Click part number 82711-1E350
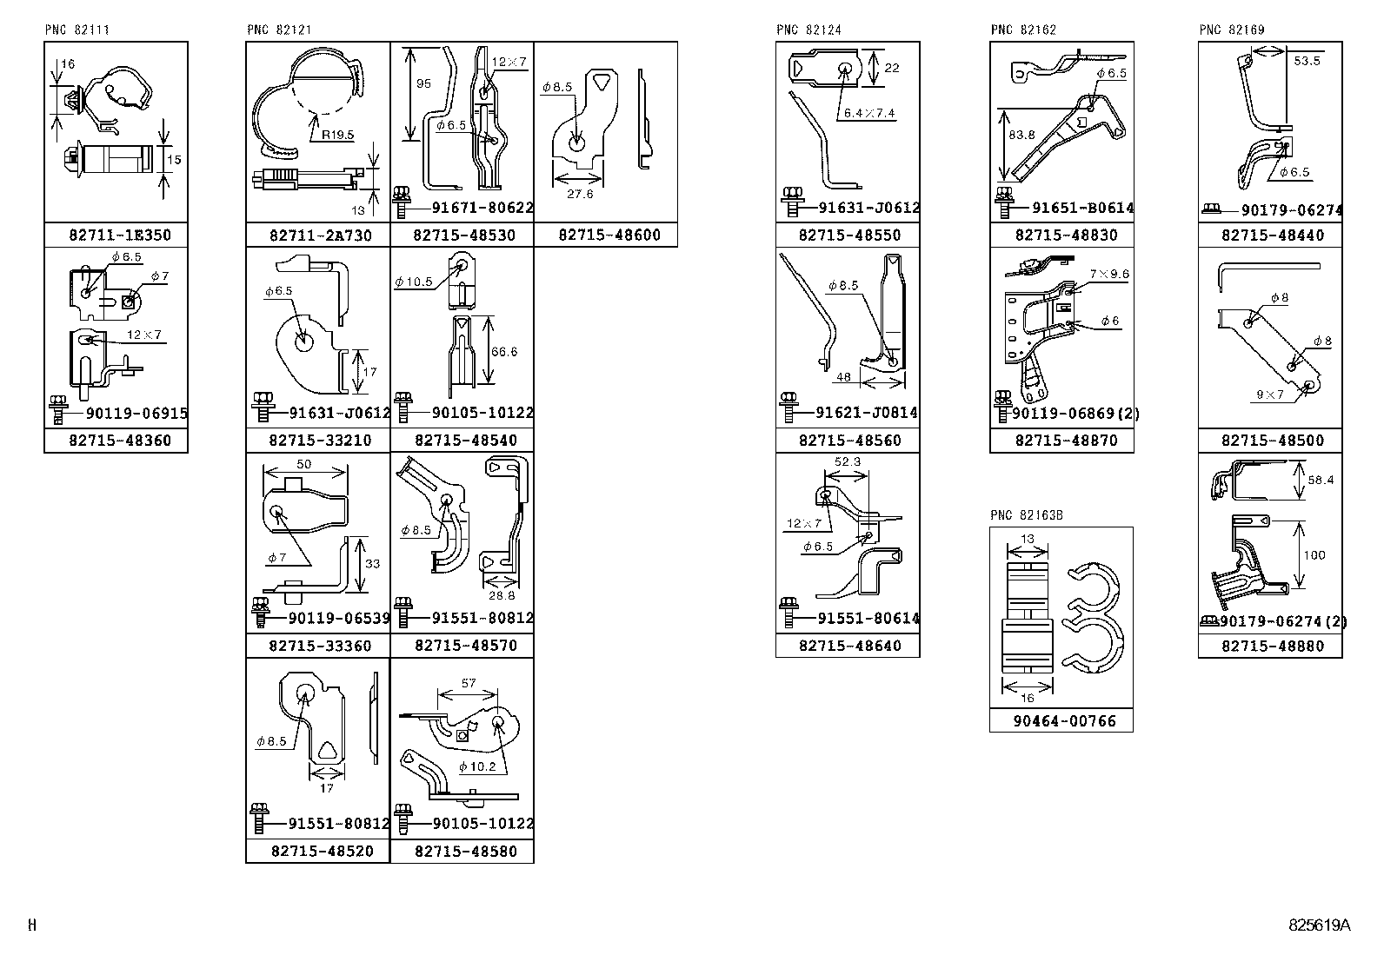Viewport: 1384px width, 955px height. click(120, 235)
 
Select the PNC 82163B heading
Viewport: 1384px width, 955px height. click(1027, 515)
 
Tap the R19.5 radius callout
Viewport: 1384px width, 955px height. click(337, 135)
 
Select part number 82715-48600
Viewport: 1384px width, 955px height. click(609, 235)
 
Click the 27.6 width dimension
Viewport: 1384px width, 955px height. click(579, 194)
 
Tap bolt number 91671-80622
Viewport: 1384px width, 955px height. click(482, 209)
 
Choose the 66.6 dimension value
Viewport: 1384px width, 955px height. click(504, 351)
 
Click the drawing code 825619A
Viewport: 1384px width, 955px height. click(1320, 925)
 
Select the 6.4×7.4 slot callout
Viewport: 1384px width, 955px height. click(868, 113)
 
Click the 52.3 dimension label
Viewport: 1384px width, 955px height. click(847, 461)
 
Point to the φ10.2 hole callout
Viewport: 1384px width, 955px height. click(477, 766)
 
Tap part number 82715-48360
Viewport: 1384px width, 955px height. click(120, 441)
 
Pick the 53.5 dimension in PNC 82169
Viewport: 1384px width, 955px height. click(1307, 61)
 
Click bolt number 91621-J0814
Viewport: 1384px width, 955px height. click(867, 413)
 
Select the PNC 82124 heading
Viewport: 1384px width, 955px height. click(808, 30)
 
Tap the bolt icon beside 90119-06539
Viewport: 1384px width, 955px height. click(259, 611)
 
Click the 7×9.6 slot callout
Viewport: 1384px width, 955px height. click(1109, 274)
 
